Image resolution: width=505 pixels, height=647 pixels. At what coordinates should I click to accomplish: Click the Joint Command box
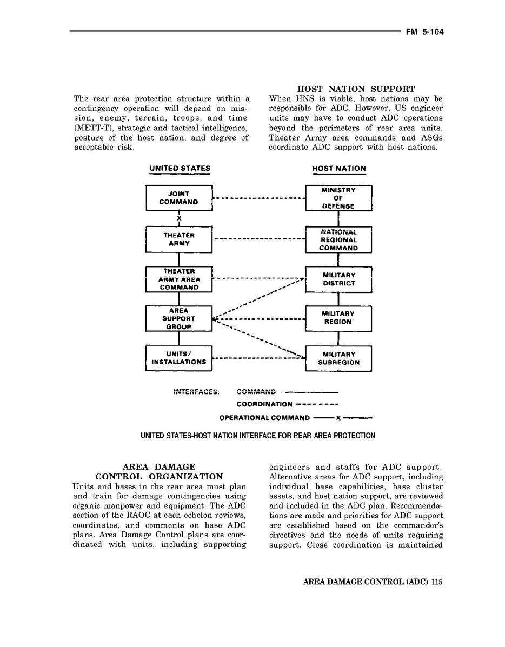pos(178,198)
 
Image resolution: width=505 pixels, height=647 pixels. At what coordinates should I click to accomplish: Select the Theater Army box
pos(178,239)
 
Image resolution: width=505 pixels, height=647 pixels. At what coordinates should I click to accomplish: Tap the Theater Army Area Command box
pos(178,279)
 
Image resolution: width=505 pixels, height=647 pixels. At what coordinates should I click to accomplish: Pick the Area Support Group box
pos(178,319)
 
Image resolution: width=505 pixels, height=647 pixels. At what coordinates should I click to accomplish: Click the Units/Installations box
pos(178,358)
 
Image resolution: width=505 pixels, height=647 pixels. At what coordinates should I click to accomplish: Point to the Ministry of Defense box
pos(338,198)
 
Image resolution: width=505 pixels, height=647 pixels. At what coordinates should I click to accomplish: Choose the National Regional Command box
pos(338,239)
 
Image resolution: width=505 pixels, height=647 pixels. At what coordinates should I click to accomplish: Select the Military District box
pos(338,279)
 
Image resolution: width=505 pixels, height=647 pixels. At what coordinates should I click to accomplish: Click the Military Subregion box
pos(338,358)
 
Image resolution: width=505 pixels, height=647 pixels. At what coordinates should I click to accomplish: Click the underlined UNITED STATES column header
pos(180,169)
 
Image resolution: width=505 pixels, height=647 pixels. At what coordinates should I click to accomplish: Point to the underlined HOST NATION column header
pos(339,169)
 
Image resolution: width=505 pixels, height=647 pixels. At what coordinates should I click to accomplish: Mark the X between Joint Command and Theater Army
pos(179,218)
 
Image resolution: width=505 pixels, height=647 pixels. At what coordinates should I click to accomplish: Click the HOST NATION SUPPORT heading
pos(356,89)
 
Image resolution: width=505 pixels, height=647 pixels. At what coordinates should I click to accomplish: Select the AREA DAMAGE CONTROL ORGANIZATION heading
pos(159,471)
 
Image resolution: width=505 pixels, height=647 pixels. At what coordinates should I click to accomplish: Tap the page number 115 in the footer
pos(437,582)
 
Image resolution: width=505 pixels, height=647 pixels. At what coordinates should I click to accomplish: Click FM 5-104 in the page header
pos(424,32)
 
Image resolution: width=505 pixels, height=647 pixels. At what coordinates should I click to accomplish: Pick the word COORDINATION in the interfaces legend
pos(264,404)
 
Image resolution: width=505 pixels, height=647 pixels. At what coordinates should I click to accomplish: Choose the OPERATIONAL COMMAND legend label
pos(264,418)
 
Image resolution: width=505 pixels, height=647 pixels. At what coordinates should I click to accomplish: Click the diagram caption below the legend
pos(257,436)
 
